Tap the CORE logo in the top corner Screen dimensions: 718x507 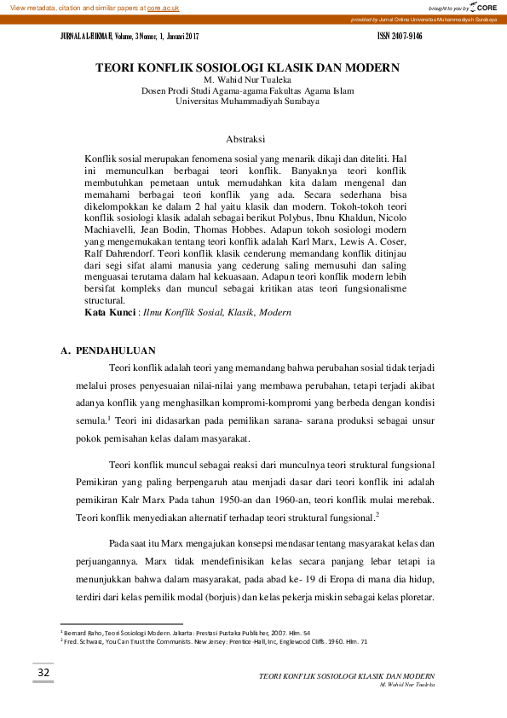481,7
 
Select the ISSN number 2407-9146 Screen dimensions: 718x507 406,38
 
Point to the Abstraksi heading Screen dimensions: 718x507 247,138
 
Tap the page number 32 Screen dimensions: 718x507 43,675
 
